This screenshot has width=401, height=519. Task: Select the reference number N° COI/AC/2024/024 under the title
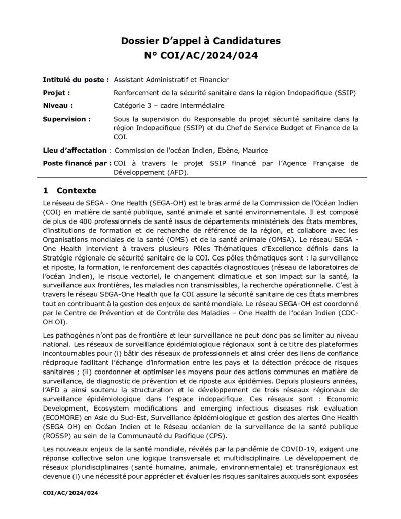point(200,55)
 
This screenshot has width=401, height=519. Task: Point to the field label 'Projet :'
point(56,93)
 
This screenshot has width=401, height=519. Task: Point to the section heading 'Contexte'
point(77,191)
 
